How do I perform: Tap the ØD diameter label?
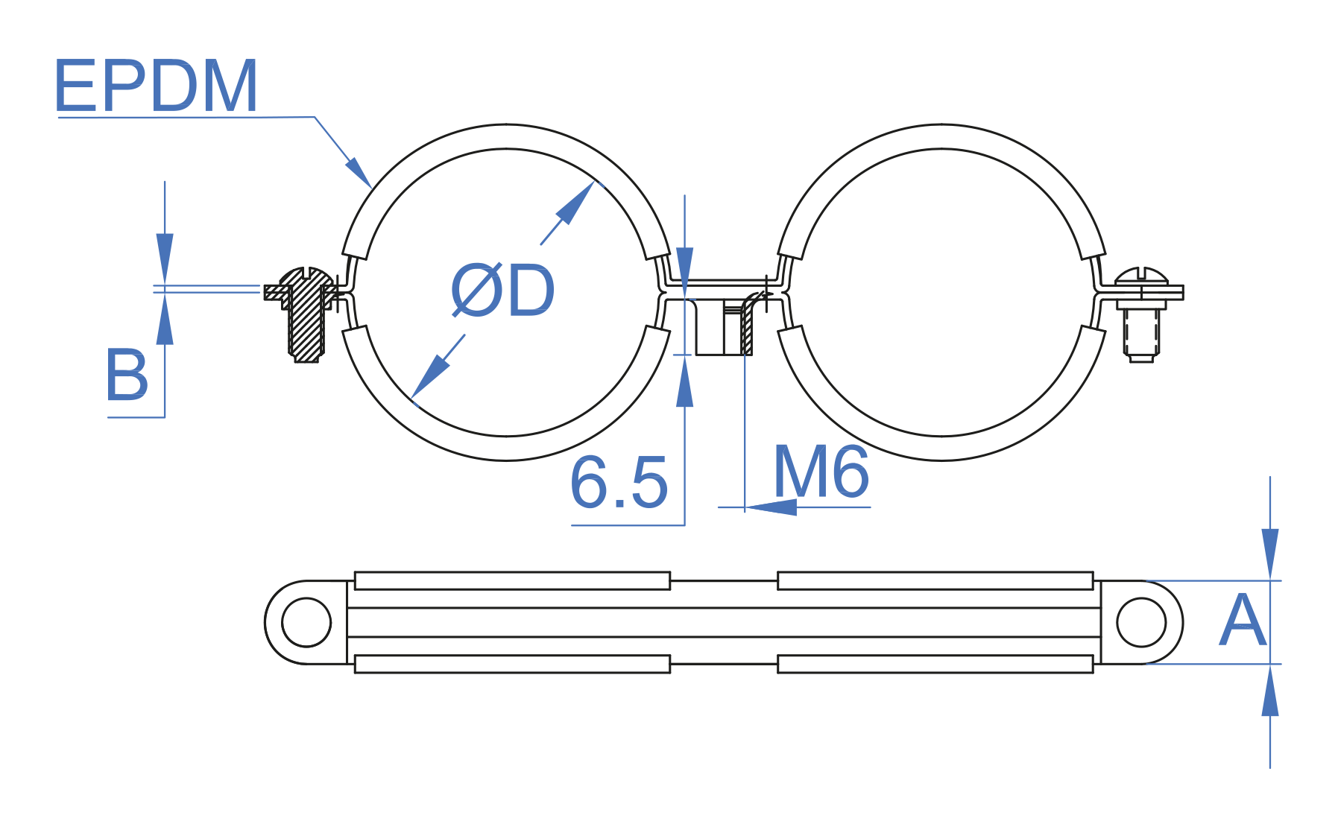pyautogui.click(x=503, y=291)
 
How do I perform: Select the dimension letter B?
pyautogui.click(x=127, y=375)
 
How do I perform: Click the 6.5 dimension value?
pyautogui.click(x=619, y=483)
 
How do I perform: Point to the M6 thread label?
pyautogui.click(x=821, y=472)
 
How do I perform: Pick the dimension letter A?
pyautogui.click(x=1242, y=621)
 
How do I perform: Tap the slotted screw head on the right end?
pyautogui.click(x=1141, y=277)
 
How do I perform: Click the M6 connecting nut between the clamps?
pyautogui.click(x=723, y=326)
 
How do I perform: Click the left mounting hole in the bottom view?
pyautogui.click(x=306, y=622)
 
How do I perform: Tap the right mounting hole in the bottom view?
pyautogui.click(x=1141, y=622)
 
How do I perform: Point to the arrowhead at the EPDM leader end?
pyautogui.click(x=359, y=172)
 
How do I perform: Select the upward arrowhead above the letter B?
pyautogui.click(x=165, y=318)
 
